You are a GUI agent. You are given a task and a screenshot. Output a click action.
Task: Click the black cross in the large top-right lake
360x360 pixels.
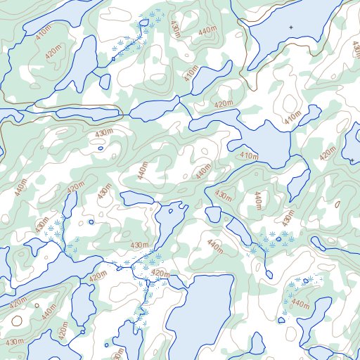tap(291, 27)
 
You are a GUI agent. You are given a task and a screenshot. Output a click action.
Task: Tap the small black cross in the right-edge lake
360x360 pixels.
tap(352, 43)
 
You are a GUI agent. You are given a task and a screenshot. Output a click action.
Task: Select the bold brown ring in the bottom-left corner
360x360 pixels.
tap(16, 321)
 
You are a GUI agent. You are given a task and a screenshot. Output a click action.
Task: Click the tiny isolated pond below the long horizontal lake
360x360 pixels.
tap(101, 148)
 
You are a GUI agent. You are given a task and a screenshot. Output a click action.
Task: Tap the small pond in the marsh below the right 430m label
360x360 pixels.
tap(279, 239)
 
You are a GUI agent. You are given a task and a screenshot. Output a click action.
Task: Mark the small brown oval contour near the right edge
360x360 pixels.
tap(338, 204)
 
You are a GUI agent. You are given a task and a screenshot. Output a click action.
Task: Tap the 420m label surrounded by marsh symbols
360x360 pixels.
tap(160, 274)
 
